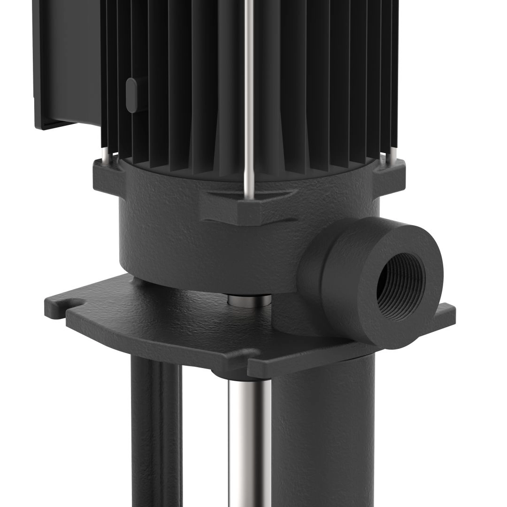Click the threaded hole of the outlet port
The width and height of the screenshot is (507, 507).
[x=401, y=286]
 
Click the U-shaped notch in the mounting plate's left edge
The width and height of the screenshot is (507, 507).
[x=70, y=303]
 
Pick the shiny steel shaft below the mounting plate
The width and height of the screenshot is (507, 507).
[x=249, y=437]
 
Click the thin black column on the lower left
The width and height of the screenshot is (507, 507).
[x=155, y=432]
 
